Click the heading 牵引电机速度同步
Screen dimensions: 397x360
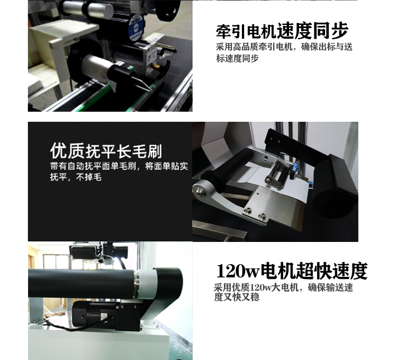tap(282, 31)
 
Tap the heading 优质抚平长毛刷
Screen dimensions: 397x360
tap(106, 151)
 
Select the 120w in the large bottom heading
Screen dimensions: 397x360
tap(238, 271)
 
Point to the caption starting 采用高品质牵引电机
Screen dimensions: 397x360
tap(284, 52)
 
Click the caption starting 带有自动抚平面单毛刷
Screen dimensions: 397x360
tap(119, 172)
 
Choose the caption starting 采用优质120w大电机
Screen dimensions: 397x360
tap(283, 292)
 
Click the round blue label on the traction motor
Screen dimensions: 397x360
tap(136, 28)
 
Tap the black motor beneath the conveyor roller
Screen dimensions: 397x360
tap(106, 316)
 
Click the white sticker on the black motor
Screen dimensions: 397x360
tap(104, 316)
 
